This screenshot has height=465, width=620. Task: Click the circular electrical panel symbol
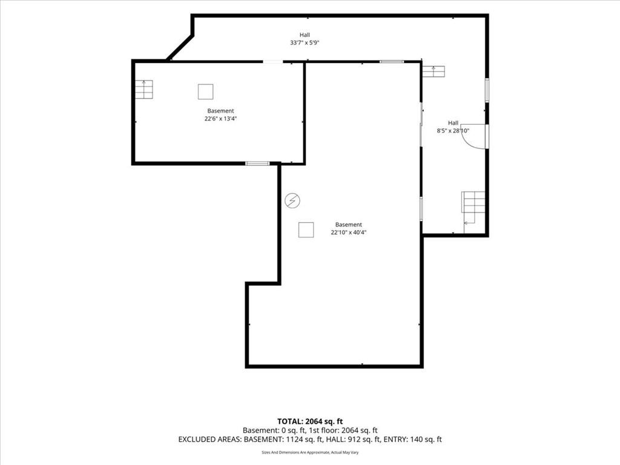pyautogui.click(x=292, y=200)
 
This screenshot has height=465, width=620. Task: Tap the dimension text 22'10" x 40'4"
pyautogui.click(x=348, y=232)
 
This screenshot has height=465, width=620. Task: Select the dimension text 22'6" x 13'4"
pyautogui.click(x=220, y=119)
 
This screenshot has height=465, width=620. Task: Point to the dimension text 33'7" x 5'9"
pyautogui.click(x=305, y=43)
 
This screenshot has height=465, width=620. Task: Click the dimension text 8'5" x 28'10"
pyautogui.click(x=453, y=131)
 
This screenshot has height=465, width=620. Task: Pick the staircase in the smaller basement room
pyautogui.click(x=144, y=90)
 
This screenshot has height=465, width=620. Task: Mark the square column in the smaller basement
pyautogui.click(x=206, y=92)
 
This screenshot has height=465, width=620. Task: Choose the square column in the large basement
pyautogui.click(x=306, y=229)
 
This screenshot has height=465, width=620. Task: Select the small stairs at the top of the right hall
pyautogui.click(x=434, y=71)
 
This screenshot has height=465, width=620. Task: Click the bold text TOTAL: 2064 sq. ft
pyautogui.click(x=309, y=421)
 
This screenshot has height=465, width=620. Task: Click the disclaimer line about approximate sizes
pyautogui.click(x=310, y=452)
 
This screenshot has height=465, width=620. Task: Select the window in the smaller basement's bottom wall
pyautogui.click(x=257, y=163)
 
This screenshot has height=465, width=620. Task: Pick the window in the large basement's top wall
pyautogui.click(x=392, y=62)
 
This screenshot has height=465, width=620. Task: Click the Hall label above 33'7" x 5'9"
pyautogui.click(x=305, y=35)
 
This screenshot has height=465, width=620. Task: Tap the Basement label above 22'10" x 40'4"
pyautogui.click(x=348, y=225)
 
